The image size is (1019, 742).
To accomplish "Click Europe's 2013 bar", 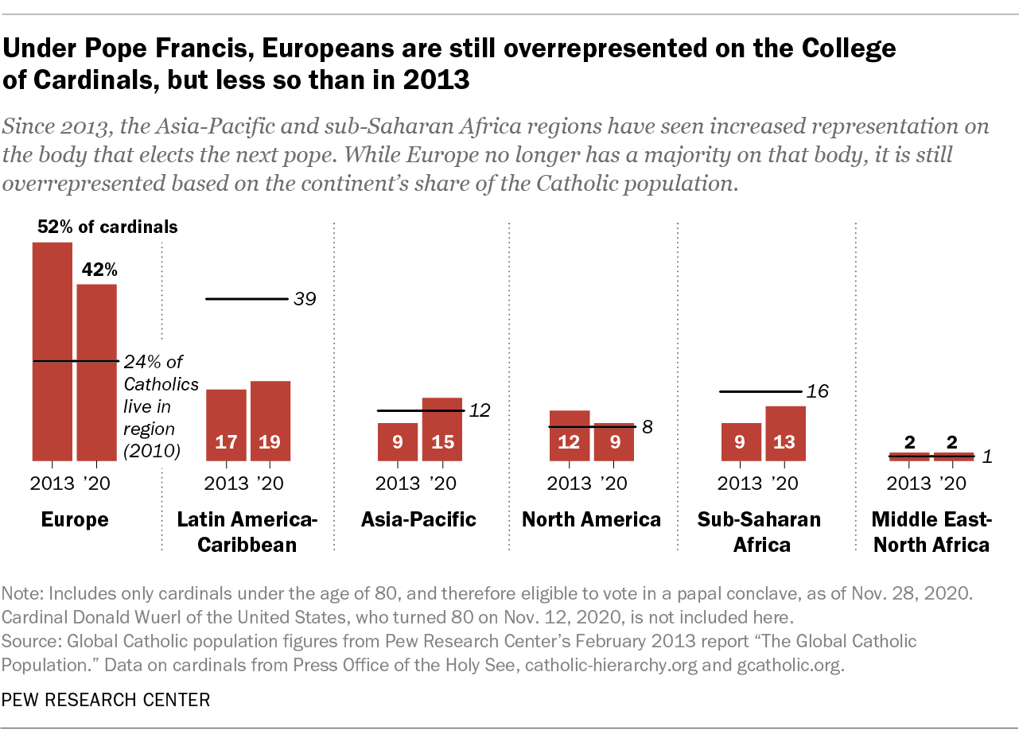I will (52, 351).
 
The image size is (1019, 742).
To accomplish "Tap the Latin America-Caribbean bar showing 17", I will (226, 425).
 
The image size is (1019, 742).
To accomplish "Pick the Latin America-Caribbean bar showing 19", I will (270, 421).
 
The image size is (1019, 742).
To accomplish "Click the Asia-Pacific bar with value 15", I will (441, 429).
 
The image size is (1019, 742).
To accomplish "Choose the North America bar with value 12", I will (569, 435).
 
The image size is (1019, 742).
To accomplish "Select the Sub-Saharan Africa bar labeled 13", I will (785, 433).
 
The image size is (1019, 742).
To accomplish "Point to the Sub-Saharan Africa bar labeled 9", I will (741, 441).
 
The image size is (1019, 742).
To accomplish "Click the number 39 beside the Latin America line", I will (305, 299).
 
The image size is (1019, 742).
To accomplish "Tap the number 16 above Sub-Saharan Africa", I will (818, 391).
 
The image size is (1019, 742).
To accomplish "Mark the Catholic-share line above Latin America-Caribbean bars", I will (247, 299).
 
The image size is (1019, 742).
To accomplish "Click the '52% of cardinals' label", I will (107, 227).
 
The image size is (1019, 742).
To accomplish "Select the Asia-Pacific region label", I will (418, 520).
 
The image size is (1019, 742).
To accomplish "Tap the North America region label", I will (591, 520).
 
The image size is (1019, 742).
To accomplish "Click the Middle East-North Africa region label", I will (931, 533).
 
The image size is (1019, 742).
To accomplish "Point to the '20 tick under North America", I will (613, 483).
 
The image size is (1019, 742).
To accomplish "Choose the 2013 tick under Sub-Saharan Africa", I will (741, 483).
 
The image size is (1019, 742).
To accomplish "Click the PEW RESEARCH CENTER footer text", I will (107, 700).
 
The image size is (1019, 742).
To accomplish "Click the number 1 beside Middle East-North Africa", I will (987, 456).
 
